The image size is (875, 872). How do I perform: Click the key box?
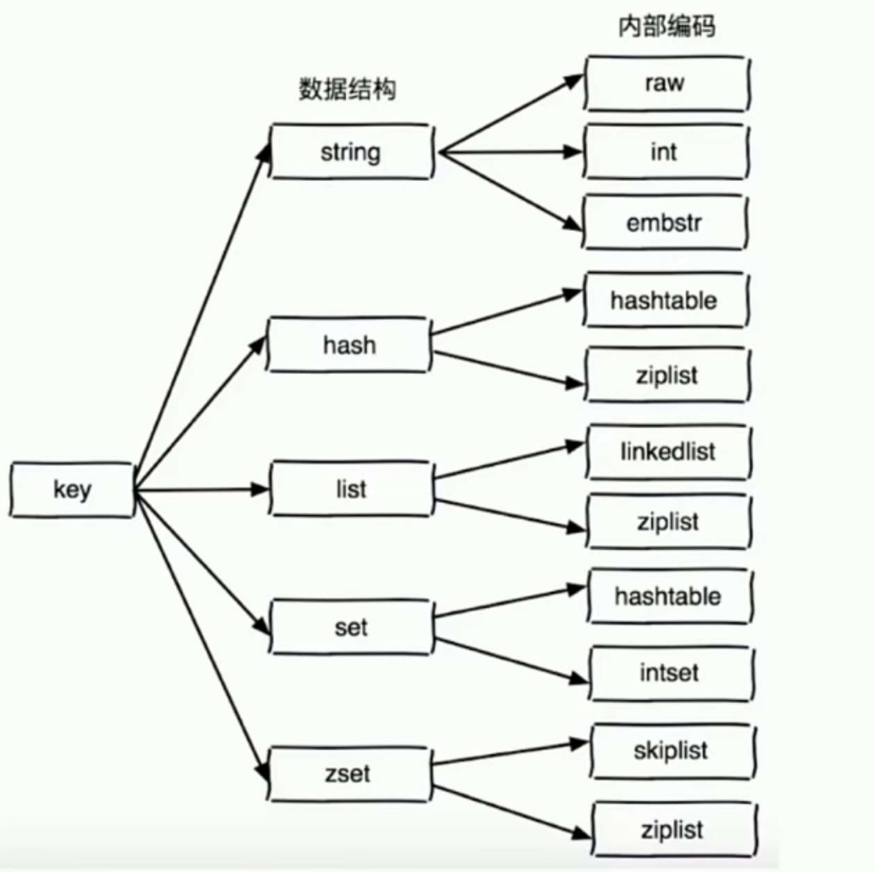click(72, 490)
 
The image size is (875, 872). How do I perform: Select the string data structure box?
click(351, 151)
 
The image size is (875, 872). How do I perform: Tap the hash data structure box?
click(349, 344)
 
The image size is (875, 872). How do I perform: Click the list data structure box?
click(351, 489)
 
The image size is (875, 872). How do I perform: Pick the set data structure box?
click(351, 627)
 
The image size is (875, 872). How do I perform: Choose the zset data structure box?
click(349, 773)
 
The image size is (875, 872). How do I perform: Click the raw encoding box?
click(665, 83)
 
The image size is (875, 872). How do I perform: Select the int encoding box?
click(665, 151)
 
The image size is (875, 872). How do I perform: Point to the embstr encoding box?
click(665, 222)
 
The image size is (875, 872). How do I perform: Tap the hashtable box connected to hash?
click(665, 300)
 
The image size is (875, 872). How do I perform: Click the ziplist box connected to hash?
click(666, 375)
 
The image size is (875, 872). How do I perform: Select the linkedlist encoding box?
click(667, 452)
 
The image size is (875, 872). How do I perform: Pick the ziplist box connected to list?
click(668, 521)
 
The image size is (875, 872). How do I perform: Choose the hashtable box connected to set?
click(669, 596)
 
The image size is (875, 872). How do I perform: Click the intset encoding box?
click(670, 673)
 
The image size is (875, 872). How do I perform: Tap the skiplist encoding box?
click(672, 751)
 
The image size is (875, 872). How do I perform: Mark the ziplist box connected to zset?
click(673, 830)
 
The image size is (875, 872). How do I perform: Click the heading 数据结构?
click(347, 89)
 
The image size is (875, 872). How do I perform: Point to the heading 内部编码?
click(666, 26)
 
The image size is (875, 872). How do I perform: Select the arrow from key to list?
click(201, 490)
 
